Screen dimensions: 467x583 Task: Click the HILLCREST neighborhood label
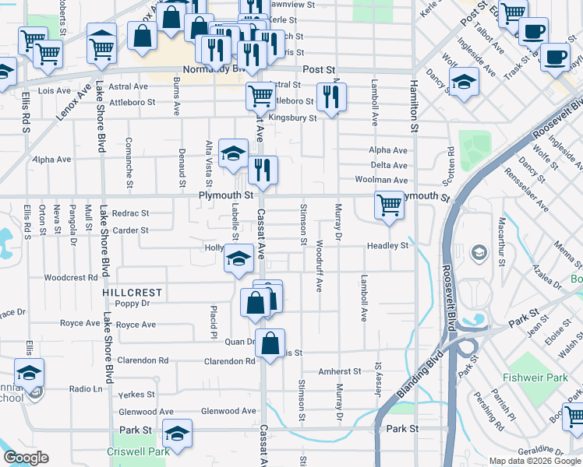pos(132,293)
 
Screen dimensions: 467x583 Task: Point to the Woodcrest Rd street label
pos(70,277)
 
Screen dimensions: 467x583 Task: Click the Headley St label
pos(388,246)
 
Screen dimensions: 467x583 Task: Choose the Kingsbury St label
pos(292,118)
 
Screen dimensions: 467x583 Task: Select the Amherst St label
pos(340,372)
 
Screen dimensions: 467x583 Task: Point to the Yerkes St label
pos(136,395)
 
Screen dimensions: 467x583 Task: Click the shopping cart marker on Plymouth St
pos(389,205)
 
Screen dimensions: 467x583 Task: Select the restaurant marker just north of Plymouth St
pos(263,170)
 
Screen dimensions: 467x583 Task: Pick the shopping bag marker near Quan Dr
pos(270,343)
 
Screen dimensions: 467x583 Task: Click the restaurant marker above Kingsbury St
pos(331,97)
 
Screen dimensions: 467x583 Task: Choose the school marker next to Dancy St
pos(464,83)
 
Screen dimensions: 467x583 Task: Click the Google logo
pos(26,458)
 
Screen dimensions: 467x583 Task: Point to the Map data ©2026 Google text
pos(534,461)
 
